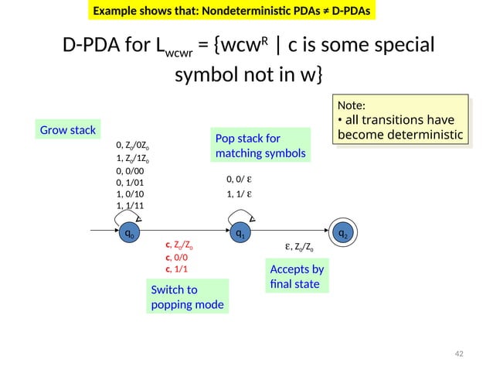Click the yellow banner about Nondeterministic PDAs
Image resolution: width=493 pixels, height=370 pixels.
(x=230, y=12)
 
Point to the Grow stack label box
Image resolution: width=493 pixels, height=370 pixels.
(x=67, y=129)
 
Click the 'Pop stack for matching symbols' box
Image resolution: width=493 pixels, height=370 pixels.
(x=260, y=146)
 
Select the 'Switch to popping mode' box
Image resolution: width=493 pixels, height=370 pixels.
(x=186, y=296)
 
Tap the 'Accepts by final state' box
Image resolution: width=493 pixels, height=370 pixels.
(x=297, y=277)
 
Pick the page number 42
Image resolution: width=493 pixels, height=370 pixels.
(x=458, y=354)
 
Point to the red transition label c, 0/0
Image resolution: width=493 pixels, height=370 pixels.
(x=176, y=257)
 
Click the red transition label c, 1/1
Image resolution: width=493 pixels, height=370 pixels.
(x=176, y=269)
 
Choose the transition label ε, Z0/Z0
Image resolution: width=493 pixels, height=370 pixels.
(x=299, y=248)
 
